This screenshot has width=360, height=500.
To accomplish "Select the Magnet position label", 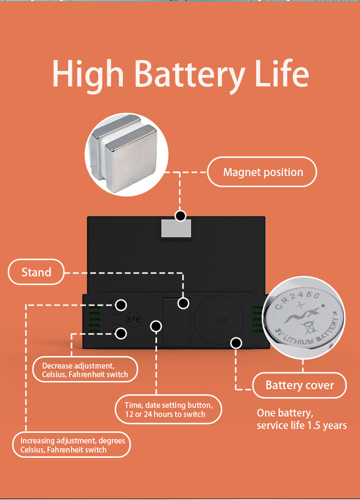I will [263, 172].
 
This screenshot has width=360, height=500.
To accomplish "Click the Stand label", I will [36, 272].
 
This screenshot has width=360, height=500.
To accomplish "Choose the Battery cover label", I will [300, 385].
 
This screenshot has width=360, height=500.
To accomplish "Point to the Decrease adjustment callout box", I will [85, 370].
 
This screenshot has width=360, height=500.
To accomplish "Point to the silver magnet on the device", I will [176, 228].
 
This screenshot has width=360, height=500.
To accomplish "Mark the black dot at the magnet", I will [180, 215].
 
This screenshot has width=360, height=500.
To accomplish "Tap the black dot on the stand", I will [183, 303].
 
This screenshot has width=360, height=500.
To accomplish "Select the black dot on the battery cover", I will [235, 343].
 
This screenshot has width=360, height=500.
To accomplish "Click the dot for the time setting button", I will [156, 326].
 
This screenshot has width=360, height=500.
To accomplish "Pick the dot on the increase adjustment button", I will [121, 305].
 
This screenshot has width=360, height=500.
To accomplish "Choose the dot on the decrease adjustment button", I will [121, 333].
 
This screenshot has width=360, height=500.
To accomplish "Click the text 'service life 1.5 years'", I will [301, 425].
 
